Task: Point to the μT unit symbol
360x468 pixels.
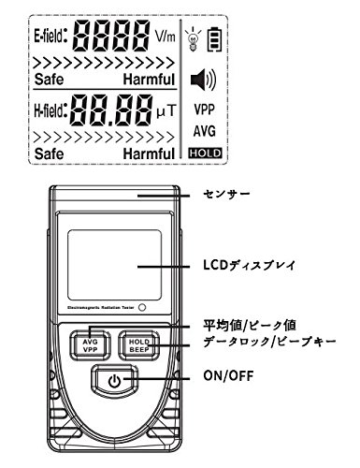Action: [165, 113]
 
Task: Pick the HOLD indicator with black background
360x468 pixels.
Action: [203, 151]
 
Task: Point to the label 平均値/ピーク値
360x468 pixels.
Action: [248, 325]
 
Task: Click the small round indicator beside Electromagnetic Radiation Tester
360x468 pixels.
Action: [142, 307]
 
